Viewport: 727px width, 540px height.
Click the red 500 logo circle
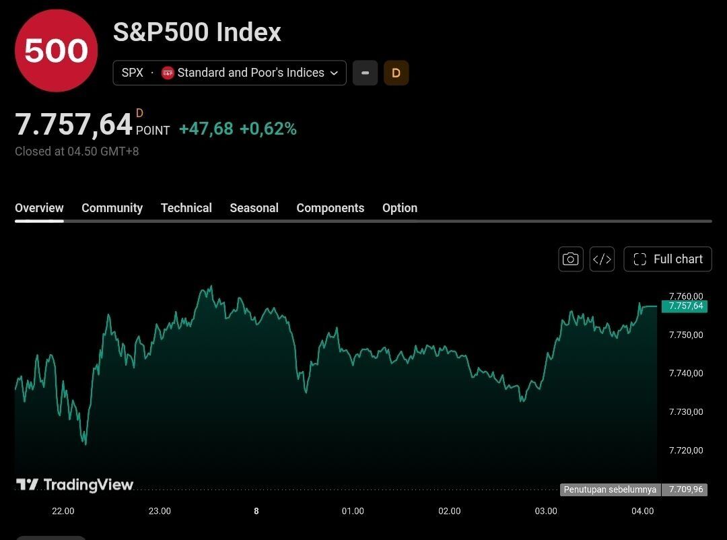(56, 50)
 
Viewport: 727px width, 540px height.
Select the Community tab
(112, 208)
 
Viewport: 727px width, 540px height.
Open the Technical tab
(186, 208)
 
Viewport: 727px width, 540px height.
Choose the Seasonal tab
(254, 208)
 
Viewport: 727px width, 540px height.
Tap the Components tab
(330, 208)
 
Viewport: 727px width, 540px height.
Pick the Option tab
(400, 208)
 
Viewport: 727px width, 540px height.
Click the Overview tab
(39, 208)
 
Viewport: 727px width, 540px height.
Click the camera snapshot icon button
(571, 259)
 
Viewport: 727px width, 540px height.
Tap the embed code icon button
(602, 259)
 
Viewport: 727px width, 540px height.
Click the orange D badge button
(396, 73)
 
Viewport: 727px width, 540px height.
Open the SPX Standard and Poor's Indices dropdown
(230, 73)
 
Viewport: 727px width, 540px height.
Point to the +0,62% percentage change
(268, 129)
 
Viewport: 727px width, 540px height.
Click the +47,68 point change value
(206, 129)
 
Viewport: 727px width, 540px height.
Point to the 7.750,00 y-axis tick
(686, 335)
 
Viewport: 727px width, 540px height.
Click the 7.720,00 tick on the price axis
(686, 450)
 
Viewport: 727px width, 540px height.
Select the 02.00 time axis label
(449, 511)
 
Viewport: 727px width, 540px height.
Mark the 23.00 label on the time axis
(160, 511)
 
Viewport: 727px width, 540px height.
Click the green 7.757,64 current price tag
(685, 306)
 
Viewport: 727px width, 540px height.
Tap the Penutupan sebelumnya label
(610, 490)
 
